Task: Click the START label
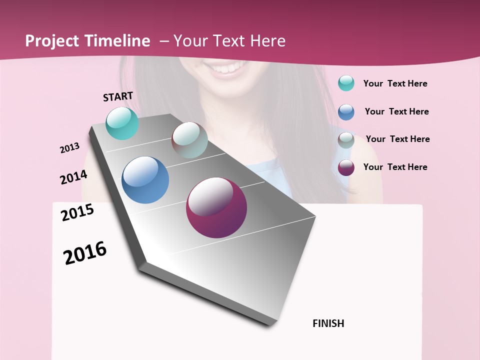118,96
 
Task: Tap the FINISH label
328,323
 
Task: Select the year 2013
70,147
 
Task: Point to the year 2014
73,177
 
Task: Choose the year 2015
77,212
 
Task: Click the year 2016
85,252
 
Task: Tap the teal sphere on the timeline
122,123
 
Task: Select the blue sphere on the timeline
145,179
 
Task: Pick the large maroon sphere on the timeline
216,207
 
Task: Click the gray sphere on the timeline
189,140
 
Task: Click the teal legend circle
346,83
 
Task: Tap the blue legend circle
346,112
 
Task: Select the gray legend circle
346,140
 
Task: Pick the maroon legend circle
346,167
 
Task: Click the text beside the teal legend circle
395,83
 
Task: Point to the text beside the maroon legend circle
395,167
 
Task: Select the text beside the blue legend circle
396,111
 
